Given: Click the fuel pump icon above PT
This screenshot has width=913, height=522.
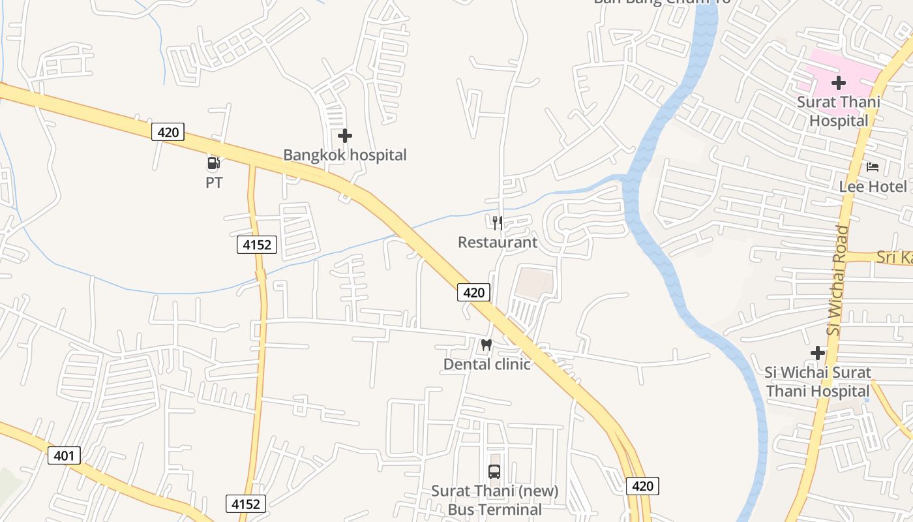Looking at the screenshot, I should click(213, 163).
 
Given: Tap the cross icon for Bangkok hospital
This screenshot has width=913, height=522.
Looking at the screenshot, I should click(345, 136).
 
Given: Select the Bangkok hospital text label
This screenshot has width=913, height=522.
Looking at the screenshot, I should click(344, 155).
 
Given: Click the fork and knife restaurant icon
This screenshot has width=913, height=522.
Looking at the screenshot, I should click(498, 223).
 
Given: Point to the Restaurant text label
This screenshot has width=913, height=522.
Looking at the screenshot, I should click(498, 243).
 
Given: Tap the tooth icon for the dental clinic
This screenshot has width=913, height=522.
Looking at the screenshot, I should click(486, 345).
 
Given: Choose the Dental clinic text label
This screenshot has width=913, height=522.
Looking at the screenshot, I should click(486, 364).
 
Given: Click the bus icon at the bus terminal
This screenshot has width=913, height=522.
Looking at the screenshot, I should click(494, 471).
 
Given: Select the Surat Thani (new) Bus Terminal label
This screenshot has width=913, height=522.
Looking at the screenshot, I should click(494, 500).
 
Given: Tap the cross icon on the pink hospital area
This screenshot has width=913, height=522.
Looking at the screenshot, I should click(839, 83).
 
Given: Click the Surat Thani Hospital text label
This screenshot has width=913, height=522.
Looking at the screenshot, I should click(839, 112).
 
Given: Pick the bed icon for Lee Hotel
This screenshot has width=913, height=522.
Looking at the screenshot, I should click(872, 167).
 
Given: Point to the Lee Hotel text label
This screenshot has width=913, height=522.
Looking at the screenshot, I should click(873, 187).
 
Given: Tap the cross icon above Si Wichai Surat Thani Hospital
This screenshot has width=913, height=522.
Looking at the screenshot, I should click(818, 353).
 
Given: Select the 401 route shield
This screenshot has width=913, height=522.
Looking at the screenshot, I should click(64, 455).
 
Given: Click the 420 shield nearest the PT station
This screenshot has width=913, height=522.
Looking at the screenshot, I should click(168, 132).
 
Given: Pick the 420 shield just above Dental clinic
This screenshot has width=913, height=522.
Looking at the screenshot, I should click(473, 292).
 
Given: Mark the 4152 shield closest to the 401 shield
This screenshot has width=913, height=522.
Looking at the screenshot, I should click(246, 504).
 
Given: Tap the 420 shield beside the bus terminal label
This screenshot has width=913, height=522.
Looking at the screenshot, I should click(642, 485).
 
